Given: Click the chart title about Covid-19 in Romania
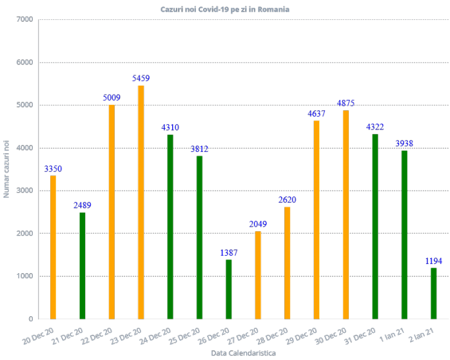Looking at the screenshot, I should point(225,10).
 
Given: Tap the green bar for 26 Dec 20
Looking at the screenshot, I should point(229,289).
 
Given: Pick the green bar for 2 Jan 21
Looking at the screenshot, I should point(433,293).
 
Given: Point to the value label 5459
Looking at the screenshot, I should point(141,78).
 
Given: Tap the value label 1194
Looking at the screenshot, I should point(433,261).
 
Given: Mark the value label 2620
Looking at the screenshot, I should point(288,200).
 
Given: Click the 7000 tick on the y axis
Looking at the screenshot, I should point(25,19).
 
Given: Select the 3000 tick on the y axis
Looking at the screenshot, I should point(25,191).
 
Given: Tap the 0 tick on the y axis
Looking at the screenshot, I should point(30,319).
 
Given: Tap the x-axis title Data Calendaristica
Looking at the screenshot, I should point(243,354).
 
